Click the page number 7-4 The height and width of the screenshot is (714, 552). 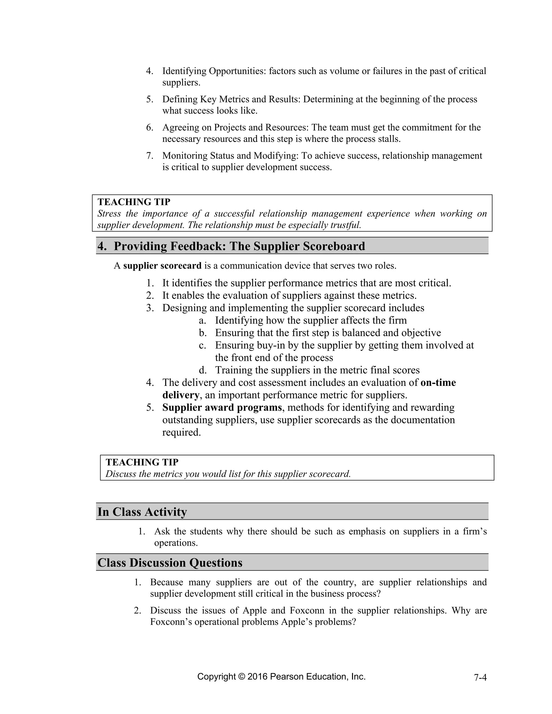(480, 677)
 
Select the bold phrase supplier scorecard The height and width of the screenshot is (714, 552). (162, 266)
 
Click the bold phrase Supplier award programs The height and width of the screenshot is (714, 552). (222, 408)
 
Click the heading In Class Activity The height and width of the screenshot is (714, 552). (142, 512)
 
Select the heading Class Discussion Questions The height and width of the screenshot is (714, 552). (170, 563)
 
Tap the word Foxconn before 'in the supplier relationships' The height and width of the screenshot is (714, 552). (307, 610)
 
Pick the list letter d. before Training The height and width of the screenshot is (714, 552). (203, 370)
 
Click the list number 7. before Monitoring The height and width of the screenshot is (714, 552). (150, 156)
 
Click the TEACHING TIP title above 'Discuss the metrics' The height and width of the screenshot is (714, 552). (142, 462)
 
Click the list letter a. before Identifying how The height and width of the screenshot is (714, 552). (203, 320)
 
